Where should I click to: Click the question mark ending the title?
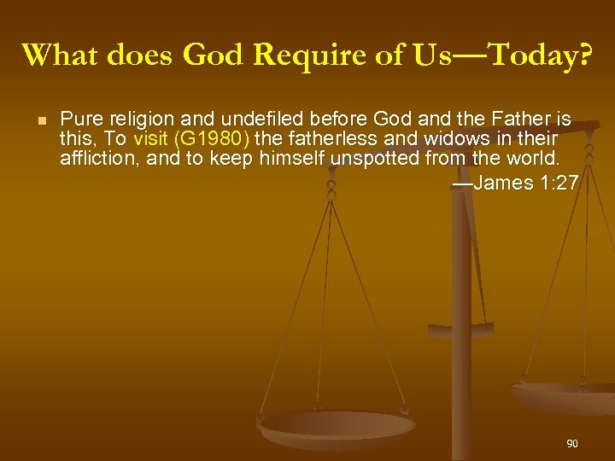click(583, 55)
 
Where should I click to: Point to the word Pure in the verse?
click(79, 119)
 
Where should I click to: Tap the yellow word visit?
click(149, 138)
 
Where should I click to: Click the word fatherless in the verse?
click(325, 138)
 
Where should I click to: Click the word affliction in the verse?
click(92, 158)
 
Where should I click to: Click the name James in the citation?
click(505, 183)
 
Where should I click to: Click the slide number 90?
click(571, 444)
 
